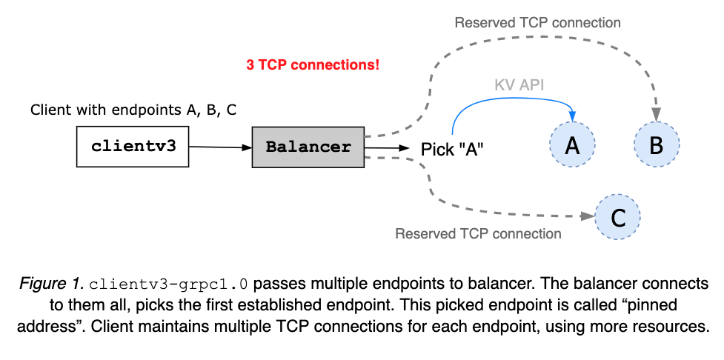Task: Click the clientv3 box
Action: point(133,146)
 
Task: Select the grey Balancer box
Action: point(308,146)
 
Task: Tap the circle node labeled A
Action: point(572,145)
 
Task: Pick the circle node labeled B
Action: point(656,145)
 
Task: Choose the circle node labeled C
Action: point(617,217)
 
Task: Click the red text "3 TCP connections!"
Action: point(313,65)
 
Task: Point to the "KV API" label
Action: point(519,85)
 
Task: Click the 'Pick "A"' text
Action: point(452,148)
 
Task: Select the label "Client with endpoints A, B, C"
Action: point(133,110)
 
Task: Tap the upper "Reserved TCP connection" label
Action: point(537,22)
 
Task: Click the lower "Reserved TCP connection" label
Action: point(478,234)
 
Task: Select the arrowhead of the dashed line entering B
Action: point(657,116)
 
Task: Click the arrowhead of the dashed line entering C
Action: point(590,216)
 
